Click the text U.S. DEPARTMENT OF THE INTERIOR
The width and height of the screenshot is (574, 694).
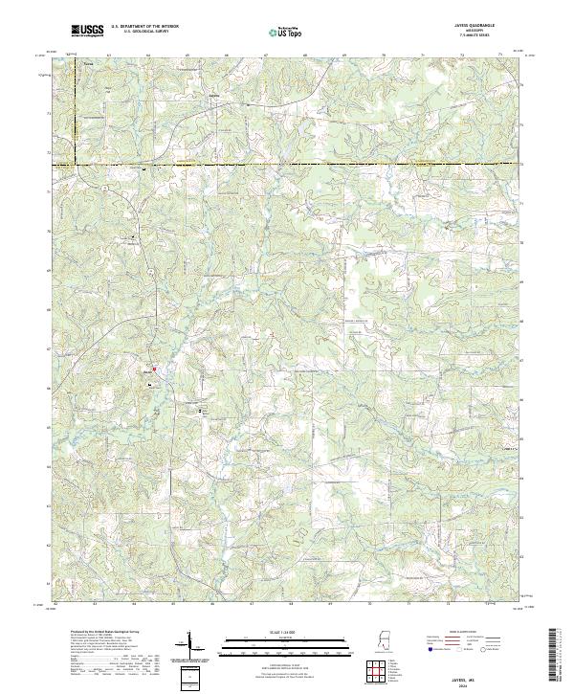143,26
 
